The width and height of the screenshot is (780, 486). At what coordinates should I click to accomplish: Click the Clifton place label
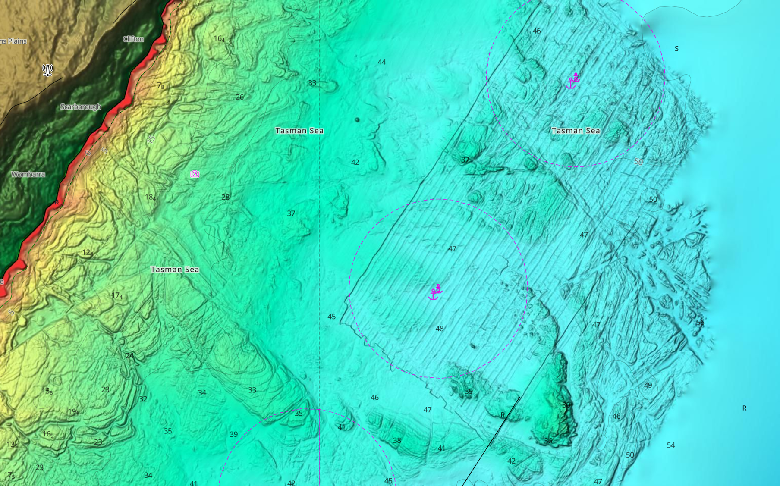133,39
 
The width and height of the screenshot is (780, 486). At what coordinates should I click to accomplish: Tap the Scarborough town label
81,107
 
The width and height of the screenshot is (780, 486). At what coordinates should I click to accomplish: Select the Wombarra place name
28,174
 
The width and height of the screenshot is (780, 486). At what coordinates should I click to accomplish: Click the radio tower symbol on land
47,70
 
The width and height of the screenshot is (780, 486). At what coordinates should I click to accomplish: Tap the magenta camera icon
195,174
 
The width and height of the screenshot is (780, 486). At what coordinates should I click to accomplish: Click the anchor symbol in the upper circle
573,81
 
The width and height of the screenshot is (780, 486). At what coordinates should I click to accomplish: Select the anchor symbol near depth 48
435,292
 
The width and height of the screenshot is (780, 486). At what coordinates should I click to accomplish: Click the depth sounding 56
700,323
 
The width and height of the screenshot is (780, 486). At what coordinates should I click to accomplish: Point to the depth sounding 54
670,445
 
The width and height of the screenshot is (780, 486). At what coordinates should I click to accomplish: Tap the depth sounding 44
382,62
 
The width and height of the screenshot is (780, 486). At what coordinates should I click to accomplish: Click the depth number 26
240,97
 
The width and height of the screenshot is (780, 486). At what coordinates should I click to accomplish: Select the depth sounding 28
226,197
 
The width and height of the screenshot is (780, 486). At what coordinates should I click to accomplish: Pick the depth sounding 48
440,329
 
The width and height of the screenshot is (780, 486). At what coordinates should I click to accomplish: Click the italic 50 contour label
639,162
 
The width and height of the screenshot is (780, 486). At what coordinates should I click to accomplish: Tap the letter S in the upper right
676,49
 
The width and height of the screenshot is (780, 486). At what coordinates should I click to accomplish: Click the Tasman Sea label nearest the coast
175,270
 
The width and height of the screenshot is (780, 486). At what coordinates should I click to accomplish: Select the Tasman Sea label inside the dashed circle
576,131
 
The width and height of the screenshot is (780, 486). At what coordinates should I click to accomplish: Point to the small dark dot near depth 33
357,120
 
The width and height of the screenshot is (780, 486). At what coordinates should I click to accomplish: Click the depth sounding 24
129,356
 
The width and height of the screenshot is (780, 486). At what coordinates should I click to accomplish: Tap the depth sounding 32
143,399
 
